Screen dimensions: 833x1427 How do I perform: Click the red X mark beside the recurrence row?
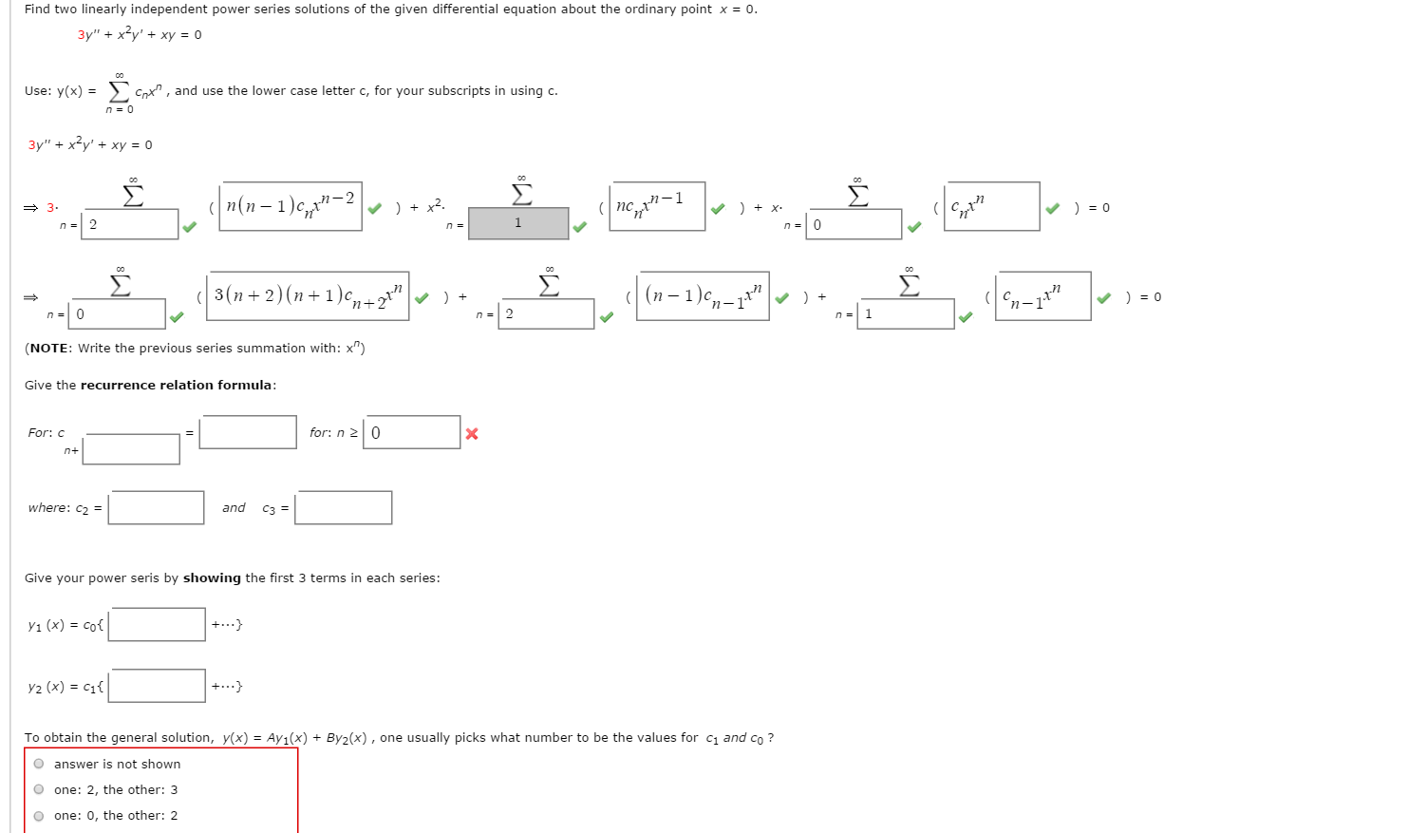click(472, 434)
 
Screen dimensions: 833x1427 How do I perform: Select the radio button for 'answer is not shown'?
click(39, 764)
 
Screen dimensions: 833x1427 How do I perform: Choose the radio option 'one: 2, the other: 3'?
click(39, 789)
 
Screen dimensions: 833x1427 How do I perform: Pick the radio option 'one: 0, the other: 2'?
click(39, 815)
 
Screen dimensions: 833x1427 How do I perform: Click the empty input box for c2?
click(157, 507)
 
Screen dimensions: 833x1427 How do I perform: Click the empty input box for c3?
click(344, 507)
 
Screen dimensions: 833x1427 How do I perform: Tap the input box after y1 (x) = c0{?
click(158, 624)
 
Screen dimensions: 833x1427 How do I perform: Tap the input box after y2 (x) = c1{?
click(158, 686)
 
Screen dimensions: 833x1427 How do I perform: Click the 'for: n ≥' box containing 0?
click(412, 432)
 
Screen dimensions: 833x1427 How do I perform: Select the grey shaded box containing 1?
click(518, 223)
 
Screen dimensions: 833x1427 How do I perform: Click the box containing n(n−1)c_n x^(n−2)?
click(291, 206)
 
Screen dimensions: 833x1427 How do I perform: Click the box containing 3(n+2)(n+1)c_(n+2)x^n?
click(309, 295)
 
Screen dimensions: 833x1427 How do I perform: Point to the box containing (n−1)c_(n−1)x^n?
click(703, 295)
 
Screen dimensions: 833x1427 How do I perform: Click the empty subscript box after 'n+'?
click(131, 449)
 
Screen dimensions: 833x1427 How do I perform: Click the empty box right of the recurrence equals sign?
click(248, 432)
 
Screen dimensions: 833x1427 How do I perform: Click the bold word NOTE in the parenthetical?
click(50, 349)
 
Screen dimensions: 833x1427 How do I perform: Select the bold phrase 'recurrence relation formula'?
click(177, 386)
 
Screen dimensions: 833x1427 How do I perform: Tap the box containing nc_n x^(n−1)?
click(657, 206)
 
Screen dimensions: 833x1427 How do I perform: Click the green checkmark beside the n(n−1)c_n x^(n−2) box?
click(375, 209)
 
